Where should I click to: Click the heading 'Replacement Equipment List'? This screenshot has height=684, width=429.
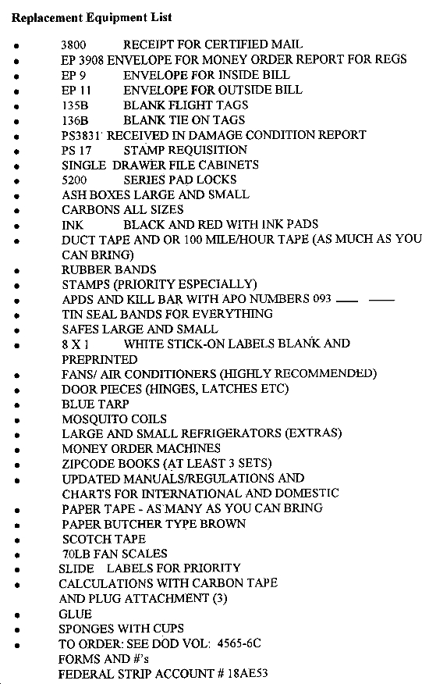91,18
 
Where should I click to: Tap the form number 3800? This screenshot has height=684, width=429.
73,45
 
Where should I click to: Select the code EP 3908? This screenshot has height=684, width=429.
83,60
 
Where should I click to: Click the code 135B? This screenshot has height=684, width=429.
75,105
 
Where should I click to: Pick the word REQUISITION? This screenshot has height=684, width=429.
214,150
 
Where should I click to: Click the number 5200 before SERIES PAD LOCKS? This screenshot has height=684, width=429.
75,180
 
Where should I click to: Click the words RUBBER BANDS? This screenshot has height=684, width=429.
109,269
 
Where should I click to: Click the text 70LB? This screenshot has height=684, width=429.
76,554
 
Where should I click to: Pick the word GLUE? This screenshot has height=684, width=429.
76,615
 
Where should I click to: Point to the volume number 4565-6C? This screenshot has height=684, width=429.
239,644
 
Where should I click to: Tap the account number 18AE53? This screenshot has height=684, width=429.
247,674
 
